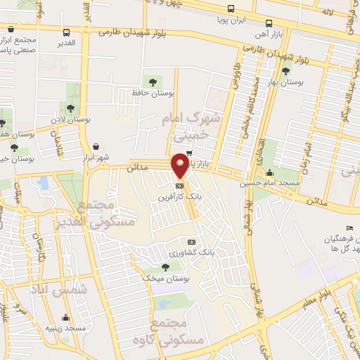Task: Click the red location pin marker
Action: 180,165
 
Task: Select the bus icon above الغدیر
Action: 67,32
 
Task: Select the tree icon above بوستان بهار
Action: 285,70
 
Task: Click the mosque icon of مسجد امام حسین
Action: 270,172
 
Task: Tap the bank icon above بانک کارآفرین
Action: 181,186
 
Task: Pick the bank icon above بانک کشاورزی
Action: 191,242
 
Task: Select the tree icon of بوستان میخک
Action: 165,267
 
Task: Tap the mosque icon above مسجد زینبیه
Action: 65,317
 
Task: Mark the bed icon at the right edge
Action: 349,229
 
